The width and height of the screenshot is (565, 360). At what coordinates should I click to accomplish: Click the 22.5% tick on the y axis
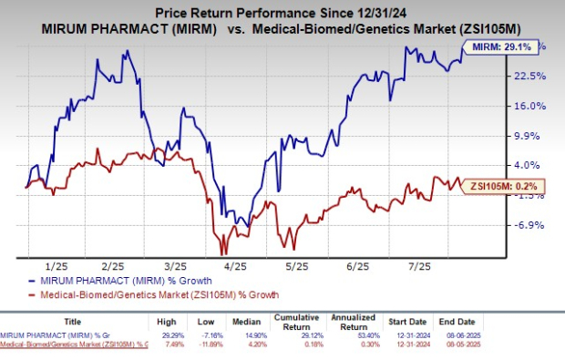(x=530, y=76)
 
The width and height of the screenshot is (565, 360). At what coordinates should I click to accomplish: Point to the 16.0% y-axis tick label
(x=530, y=106)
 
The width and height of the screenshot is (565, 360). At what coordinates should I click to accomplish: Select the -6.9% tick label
(x=530, y=225)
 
